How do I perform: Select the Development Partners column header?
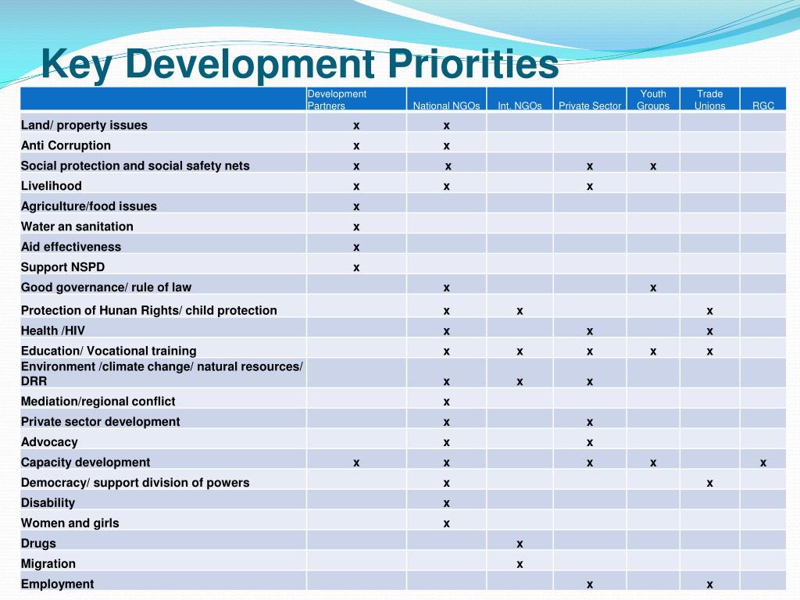337,99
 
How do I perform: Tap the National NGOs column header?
441,105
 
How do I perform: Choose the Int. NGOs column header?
520,105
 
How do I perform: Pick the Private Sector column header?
590,105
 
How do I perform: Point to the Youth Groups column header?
653,99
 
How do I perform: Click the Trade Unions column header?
709,99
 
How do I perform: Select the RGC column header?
763,105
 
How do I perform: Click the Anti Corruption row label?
66,145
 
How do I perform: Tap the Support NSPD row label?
62,267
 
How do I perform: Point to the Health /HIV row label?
52,330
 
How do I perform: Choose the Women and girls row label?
70,523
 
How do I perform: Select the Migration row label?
48,564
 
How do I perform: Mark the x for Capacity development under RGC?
763,462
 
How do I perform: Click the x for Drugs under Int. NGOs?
520,544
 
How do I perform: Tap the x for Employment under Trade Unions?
709,584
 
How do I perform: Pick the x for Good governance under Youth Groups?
653,287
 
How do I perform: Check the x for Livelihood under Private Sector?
590,186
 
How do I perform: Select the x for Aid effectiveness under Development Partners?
356,247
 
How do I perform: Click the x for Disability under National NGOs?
446,503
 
